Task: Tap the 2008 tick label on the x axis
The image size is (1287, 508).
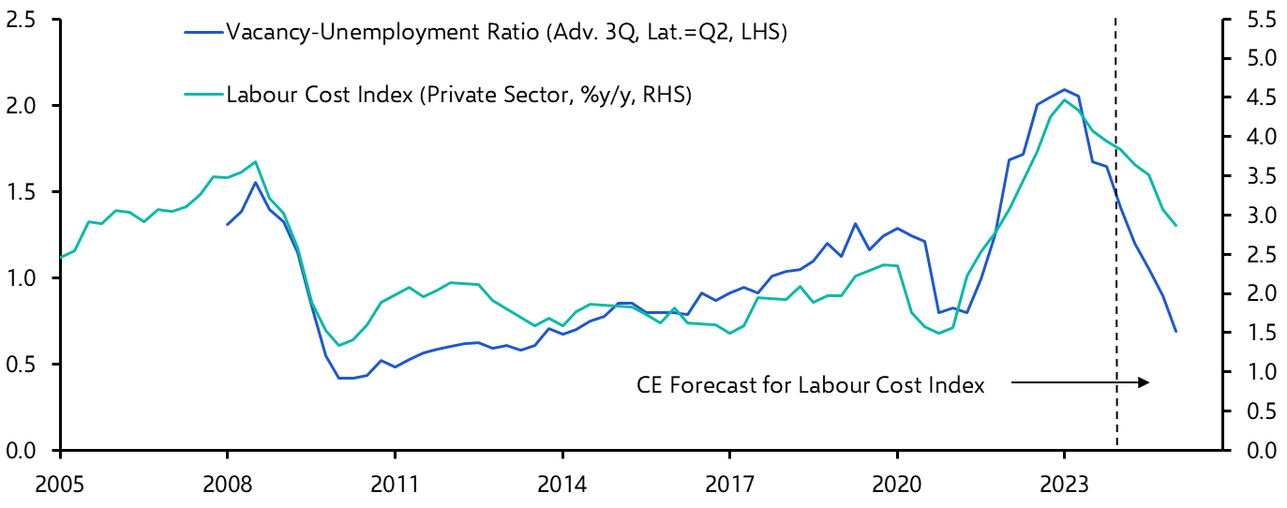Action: point(227,487)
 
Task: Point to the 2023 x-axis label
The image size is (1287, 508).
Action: point(1064,487)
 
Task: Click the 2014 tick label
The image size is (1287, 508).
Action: point(561,487)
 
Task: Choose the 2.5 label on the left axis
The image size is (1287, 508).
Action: point(22,19)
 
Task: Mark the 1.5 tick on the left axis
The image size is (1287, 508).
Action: point(22,192)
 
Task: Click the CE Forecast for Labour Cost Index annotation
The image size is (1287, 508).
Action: point(811,385)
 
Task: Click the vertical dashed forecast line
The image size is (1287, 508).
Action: point(1116,281)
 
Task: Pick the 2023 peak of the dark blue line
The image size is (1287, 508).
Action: point(1064,90)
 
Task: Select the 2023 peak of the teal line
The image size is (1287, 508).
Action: point(1064,99)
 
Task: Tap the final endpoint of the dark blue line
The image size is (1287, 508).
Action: point(1175,331)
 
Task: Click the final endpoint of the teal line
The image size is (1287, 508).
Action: point(1175,225)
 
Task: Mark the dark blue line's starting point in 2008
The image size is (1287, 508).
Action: point(227,224)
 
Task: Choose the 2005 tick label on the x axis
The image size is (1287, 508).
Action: point(60,487)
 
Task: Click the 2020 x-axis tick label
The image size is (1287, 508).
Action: point(897,487)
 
